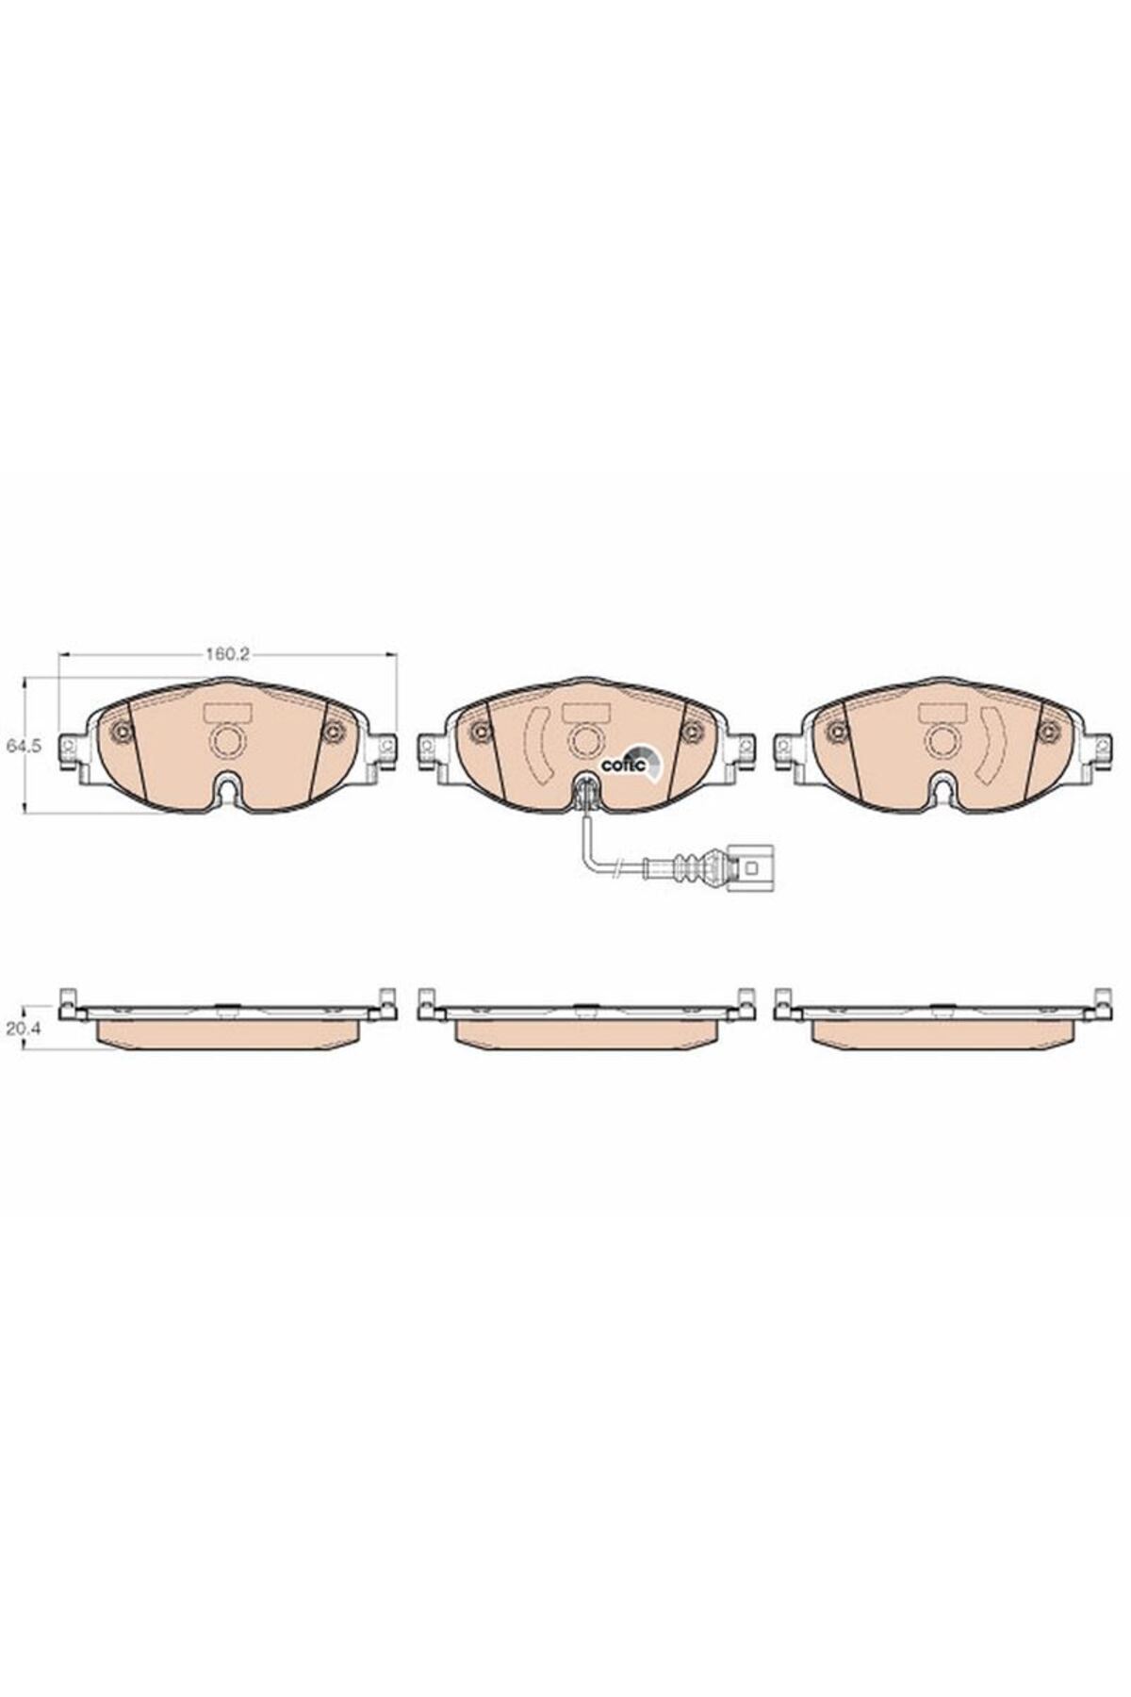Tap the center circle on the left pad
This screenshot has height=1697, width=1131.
tap(226, 741)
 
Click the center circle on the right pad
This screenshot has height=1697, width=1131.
tap(941, 741)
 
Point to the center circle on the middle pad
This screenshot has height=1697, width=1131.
tap(584, 741)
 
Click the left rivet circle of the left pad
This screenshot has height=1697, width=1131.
tap(121, 731)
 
